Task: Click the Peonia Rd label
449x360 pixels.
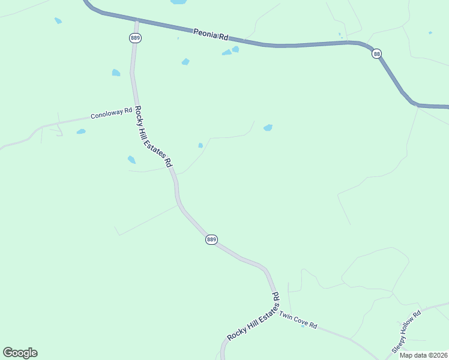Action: click(x=211, y=34)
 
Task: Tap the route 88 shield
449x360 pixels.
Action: click(x=376, y=54)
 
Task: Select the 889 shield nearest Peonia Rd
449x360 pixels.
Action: click(x=135, y=38)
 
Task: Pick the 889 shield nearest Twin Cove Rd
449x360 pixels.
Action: click(x=211, y=239)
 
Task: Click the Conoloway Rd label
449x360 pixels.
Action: click(x=111, y=113)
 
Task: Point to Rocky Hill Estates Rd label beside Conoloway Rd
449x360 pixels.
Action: click(x=153, y=137)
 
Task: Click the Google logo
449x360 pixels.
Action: click(x=20, y=353)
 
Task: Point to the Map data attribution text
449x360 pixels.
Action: click(x=424, y=355)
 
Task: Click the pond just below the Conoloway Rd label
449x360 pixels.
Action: click(x=81, y=131)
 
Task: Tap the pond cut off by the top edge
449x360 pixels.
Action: click(x=178, y=2)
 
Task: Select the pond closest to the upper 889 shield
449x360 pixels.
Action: click(x=116, y=73)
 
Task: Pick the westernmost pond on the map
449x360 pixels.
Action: click(x=58, y=20)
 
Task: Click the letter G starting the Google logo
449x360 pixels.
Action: click(x=8, y=353)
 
